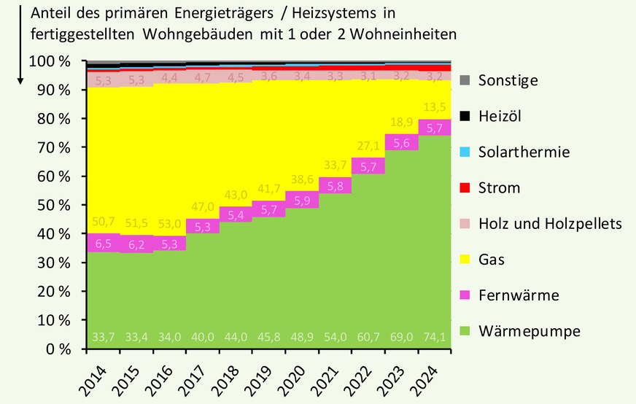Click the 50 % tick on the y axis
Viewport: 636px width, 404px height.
coord(50,205)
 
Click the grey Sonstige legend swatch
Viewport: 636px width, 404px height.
coord(466,80)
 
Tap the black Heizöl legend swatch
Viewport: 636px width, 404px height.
coord(466,116)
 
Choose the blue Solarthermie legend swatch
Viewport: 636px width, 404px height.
coord(466,152)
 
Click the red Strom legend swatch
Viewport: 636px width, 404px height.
coord(466,188)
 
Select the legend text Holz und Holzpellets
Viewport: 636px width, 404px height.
coord(550,224)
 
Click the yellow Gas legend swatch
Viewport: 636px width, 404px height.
coord(466,260)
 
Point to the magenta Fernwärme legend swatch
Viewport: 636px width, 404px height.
coord(466,295)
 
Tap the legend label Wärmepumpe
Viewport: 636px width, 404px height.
coord(530,331)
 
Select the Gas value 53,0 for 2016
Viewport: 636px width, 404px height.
coord(170,223)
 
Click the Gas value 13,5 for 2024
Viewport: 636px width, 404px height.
coord(435,107)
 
